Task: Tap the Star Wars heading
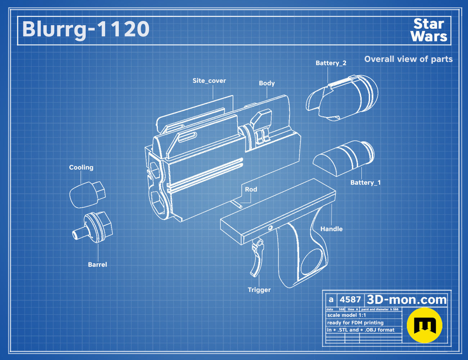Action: (429, 30)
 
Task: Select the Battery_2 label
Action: (331, 63)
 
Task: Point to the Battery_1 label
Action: (365, 183)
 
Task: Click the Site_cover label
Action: (209, 81)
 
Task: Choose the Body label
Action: (267, 83)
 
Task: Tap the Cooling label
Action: (81, 167)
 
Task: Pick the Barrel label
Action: (97, 265)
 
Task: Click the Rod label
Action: (251, 189)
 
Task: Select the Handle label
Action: (331, 229)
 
